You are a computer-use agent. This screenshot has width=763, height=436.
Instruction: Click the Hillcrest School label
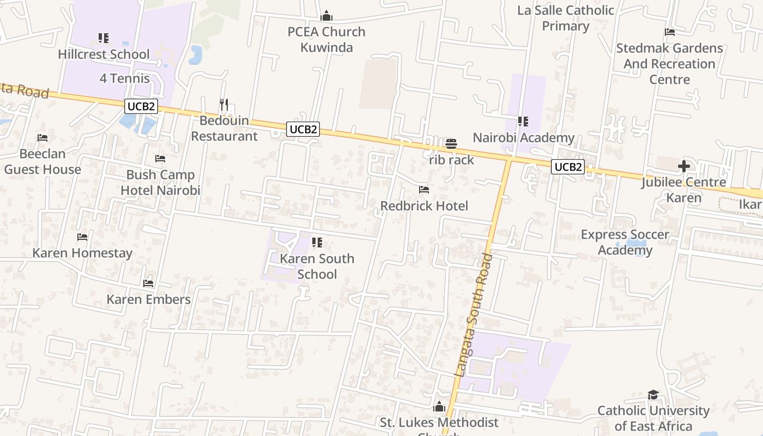click(x=104, y=54)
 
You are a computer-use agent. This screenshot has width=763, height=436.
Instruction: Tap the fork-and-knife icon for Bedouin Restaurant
click(x=224, y=104)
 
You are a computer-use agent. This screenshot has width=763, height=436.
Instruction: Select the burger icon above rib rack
click(x=451, y=144)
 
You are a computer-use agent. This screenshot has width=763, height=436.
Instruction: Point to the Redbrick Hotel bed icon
click(x=424, y=190)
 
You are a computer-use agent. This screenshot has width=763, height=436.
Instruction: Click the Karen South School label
click(x=317, y=266)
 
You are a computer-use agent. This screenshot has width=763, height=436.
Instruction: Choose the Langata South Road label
click(x=473, y=314)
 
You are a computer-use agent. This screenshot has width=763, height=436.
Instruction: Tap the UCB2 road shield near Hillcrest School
click(x=141, y=106)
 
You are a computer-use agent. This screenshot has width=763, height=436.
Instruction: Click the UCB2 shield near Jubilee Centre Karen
click(x=568, y=167)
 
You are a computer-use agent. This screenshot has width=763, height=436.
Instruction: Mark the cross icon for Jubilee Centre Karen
click(x=684, y=166)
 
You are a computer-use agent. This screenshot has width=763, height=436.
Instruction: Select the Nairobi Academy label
click(x=523, y=138)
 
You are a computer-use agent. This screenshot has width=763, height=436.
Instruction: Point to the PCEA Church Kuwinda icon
click(x=326, y=16)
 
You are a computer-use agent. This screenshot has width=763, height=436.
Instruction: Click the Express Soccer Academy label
click(x=625, y=242)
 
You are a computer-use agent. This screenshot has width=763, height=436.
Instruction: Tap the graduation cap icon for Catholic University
click(x=653, y=395)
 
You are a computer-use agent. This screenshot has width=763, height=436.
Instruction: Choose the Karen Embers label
click(x=148, y=299)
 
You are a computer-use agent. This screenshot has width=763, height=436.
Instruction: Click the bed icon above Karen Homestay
click(x=82, y=237)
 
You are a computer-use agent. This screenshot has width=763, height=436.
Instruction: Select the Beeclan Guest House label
click(x=43, y=162)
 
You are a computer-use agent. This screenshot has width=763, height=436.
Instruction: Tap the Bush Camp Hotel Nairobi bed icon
click(x=160, y=159)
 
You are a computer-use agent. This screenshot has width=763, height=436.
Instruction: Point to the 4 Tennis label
click(x=124, y=78)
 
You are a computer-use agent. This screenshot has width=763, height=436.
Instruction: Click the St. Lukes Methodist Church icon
click(x=439, y=407)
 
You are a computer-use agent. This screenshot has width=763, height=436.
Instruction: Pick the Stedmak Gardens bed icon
click(x=670, y=32)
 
